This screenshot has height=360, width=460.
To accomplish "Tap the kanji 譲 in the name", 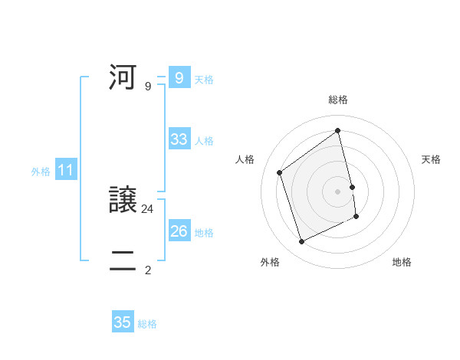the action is (123, 201).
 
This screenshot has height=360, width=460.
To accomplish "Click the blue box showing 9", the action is (179, 78).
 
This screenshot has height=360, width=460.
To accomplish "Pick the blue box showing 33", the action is (179, 139).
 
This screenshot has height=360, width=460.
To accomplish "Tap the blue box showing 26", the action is (179, 231).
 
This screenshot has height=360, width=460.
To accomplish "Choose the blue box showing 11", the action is (65, 171).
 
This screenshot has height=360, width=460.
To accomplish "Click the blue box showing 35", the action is (123, 322).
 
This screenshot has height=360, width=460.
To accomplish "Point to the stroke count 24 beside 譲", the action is (148, 208).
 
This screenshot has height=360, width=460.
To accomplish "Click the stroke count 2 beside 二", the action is (148, 270).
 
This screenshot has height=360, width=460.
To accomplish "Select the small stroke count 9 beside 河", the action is (148, 86).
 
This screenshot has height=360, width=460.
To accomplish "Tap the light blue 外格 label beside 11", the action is (41, 172).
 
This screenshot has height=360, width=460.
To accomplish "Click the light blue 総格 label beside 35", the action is (147, 324).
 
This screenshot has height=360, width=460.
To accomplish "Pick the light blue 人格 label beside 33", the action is (205, 141).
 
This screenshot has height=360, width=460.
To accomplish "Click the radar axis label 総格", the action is (338, 100).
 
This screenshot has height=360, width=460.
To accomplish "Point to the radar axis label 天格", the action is (432, 159).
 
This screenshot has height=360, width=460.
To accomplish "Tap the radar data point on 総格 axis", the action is (338, 130).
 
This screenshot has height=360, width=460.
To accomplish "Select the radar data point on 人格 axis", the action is (279, 172).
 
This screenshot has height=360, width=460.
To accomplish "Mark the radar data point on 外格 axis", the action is (301, 242).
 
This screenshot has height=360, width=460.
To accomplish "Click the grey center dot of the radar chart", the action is (338, 191).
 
